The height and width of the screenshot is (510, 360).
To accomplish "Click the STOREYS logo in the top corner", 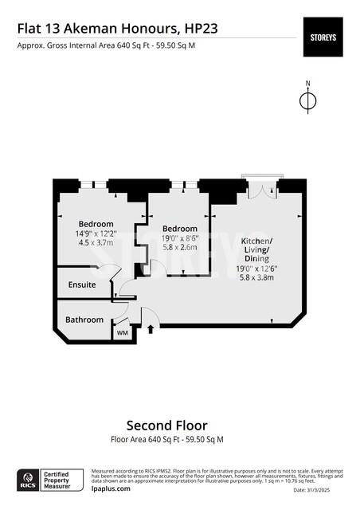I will [x=323, y=37].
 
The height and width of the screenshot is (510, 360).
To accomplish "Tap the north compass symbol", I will [x=307, y=100].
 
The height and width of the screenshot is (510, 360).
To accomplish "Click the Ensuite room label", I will [x=82, y=284].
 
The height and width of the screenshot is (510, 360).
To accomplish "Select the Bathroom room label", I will [x=84, y=320].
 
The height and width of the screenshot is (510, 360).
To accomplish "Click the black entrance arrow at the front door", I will [x=151, y=328].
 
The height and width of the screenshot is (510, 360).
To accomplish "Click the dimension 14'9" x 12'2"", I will [x=96, y=233].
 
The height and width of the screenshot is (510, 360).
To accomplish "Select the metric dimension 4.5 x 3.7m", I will [x=96, y=243].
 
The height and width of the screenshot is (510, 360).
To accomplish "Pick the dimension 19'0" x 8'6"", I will [x=180, y=237].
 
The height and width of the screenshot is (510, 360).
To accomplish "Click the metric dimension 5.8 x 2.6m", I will [x=180, y=247].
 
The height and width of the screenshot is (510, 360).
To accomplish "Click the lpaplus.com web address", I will [x=112, y=489].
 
